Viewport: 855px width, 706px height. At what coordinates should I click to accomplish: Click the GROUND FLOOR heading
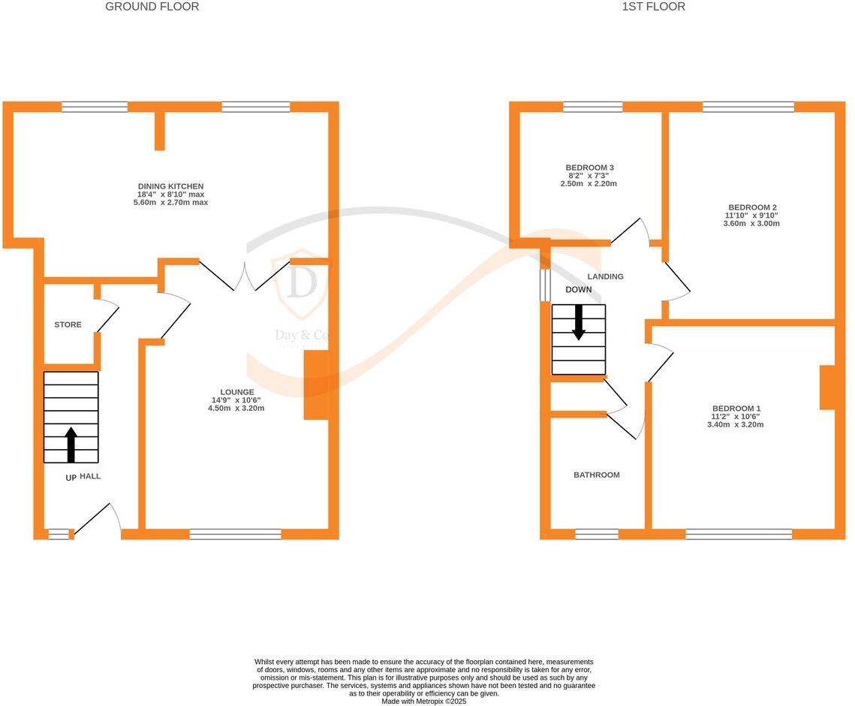coord(152,7)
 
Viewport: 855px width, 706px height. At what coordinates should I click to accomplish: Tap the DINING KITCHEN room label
coord(170,186)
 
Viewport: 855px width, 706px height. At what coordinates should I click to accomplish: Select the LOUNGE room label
coord(236,392)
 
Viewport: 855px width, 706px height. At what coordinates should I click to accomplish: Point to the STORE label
coord(68,324)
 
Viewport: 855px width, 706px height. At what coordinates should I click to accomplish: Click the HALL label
coord(90,476)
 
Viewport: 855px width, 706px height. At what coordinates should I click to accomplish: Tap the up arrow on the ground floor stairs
coord(71,445)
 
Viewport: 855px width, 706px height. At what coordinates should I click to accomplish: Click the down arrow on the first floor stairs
coord(579,323)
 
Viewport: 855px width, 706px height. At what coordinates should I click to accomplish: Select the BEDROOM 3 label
coord(589,167)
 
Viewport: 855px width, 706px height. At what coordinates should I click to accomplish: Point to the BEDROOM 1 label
coord(735,409)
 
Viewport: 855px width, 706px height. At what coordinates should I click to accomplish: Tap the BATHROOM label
coord(597,475)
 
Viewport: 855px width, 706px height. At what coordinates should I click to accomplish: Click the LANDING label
coord(605,276)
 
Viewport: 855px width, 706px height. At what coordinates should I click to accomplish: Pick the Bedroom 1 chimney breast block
coord(826,388)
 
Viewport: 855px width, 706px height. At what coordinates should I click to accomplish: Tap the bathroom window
coord(597,534)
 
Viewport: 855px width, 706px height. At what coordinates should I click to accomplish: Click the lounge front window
coord(235,534)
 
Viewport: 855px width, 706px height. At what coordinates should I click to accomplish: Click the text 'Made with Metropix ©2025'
coord(424,701)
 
